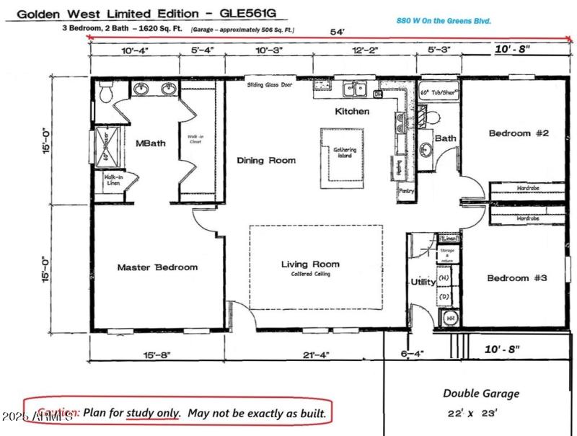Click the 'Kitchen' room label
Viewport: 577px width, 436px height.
352,112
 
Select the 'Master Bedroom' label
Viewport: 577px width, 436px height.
157,267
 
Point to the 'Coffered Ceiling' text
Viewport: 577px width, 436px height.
310,275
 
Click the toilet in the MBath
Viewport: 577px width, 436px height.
106,92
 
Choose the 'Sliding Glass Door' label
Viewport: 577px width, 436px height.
270,84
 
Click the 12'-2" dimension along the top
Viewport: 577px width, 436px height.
364,51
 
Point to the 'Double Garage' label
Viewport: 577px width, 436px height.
480,393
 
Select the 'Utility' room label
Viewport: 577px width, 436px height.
422,282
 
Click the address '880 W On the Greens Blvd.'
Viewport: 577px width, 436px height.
444,21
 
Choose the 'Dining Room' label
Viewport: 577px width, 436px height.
266,160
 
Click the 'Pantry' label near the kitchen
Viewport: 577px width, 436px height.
407,190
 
